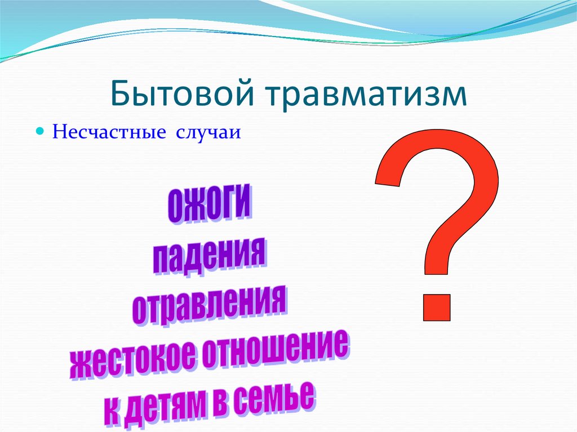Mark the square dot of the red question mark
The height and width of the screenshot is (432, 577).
pyautogui.click(x=436, y=308)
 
